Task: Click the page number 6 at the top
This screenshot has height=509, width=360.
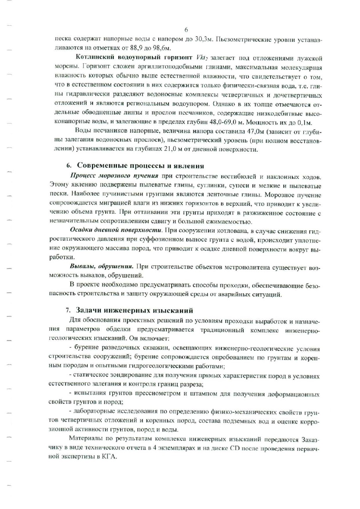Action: [x=186, y=29]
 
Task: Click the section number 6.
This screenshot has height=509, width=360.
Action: [x=68, y=165]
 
